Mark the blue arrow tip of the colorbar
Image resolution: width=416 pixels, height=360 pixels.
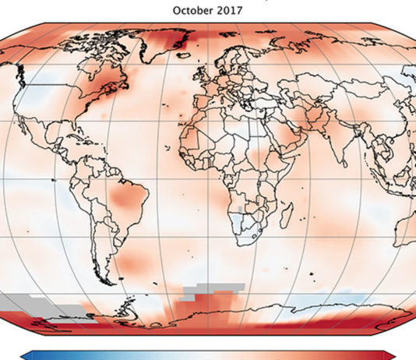(24, 355)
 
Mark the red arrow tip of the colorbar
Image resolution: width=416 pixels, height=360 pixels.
(391, 355)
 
